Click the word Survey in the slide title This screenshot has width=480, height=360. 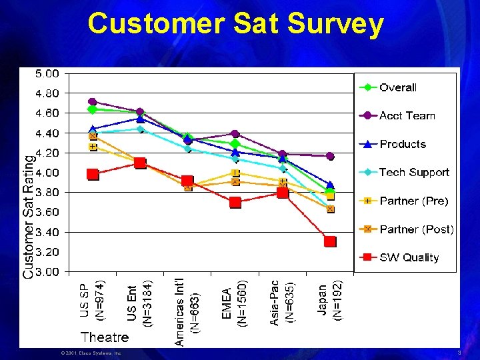[x=336, y=24]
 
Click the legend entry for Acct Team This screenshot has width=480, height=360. [x=407, y=116]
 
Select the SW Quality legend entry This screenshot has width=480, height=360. [x=409, y=257]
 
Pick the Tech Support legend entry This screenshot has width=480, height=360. [x=414, y=173]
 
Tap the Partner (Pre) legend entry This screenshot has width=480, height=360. [x=413, y=201]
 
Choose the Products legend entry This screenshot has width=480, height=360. [x=402, y=144]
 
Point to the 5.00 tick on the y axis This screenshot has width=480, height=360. [x=47, y=73]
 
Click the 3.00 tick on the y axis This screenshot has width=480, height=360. [x=47, y=272]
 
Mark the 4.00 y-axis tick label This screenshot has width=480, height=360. [x=47, y=173]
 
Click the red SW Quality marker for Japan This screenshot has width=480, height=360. [x=330, y=241]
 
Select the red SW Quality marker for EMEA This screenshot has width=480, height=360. [x=235, y=202]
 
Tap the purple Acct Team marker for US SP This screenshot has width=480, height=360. [x=93, y=102]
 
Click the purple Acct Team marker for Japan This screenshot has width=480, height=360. [x=330, y=156]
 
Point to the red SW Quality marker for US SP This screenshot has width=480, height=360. [x=93, y=175]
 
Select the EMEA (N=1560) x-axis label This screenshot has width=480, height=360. [x=235, y=303]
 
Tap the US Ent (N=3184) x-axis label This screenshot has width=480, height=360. [x=140, y=303]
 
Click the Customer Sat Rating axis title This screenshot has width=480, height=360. [x=28, y=217]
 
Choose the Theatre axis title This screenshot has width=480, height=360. [x=105, y=337]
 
